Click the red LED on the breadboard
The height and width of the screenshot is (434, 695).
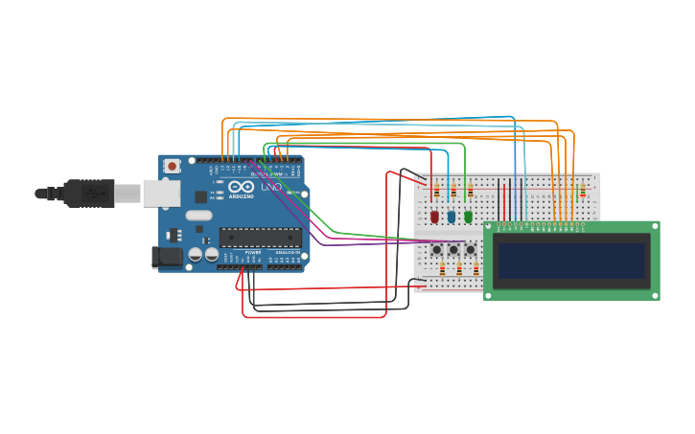434,217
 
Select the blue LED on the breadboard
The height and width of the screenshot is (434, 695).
452,217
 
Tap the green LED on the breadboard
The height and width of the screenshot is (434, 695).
468,217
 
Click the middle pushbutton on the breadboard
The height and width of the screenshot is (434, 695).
453,249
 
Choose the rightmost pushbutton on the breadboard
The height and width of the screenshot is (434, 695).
471,249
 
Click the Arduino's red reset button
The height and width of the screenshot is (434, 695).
172,166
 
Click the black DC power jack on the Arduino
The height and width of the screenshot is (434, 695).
167,257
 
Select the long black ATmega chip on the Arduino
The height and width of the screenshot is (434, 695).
260,238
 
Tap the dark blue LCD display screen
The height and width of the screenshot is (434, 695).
571,261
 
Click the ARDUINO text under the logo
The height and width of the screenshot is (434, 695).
241,196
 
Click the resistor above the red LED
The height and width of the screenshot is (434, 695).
436,192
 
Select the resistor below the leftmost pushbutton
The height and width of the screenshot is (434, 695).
442,270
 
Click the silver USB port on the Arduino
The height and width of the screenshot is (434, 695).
161,194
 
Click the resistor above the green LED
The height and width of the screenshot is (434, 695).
470,192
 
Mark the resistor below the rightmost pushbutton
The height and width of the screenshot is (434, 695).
475,270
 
